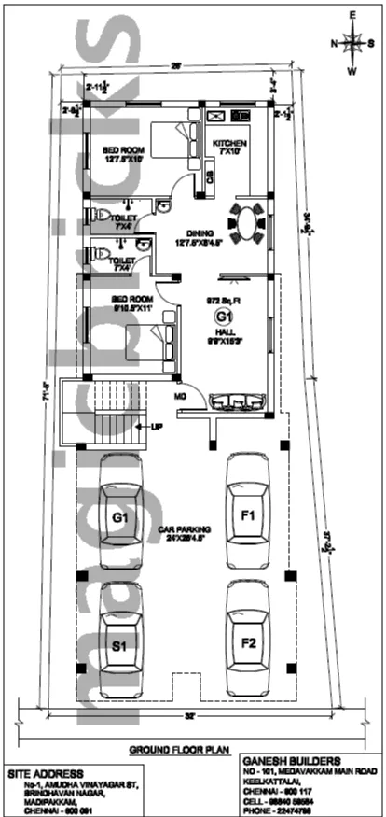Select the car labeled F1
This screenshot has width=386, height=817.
pos(248,513)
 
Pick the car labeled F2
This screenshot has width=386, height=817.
pos(248,642)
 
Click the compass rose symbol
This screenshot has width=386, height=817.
pos(353,42)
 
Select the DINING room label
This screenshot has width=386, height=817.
pos(200,234)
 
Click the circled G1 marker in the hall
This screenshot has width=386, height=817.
pos(224,317)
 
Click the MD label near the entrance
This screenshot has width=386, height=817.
pos(180,395)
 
